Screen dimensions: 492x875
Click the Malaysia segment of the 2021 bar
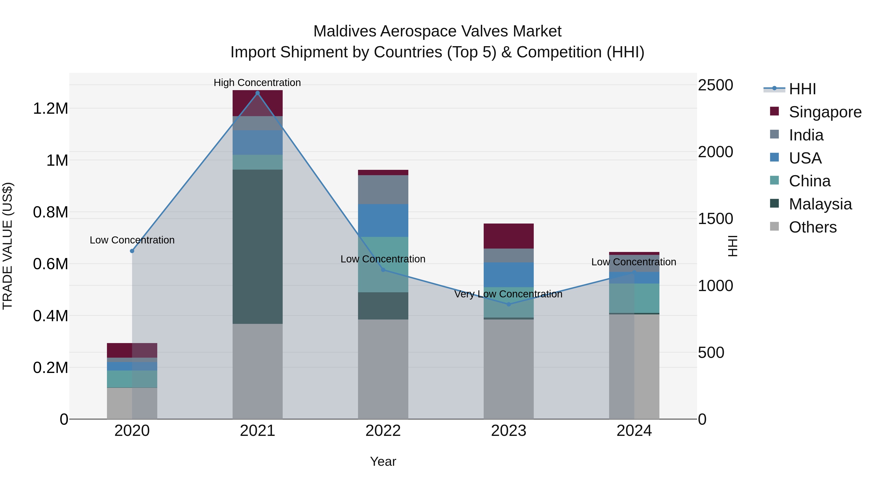click(257, 247)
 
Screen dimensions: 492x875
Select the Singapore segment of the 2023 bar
click(508, 236)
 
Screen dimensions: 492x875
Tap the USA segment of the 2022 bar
click(383, 220)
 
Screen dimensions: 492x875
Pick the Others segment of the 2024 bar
click(634, 366)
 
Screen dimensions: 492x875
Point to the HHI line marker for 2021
click(257, 93)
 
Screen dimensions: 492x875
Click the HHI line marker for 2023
click(508, 304)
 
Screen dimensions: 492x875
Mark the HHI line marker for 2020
click(132, 251)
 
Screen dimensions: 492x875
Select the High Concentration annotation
click(257, 83)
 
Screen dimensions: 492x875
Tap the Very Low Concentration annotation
click(508, 294)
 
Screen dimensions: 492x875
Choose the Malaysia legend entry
click(820, 204)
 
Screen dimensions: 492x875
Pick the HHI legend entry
click(802, 89)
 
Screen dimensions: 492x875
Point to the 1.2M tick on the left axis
click(50, 109)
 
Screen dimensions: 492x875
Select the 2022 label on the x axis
click(383, 431)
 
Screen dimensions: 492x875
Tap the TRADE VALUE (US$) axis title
click(8, 246)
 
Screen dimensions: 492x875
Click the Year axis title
click(383, 461)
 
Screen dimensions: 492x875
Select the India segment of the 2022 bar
click(383, 190)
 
